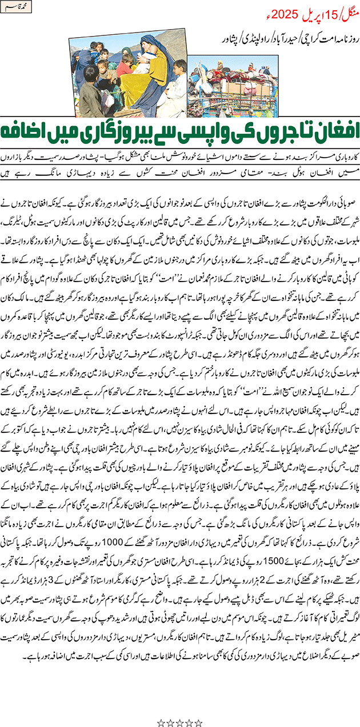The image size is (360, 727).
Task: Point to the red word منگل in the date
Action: [x=349, y=14]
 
